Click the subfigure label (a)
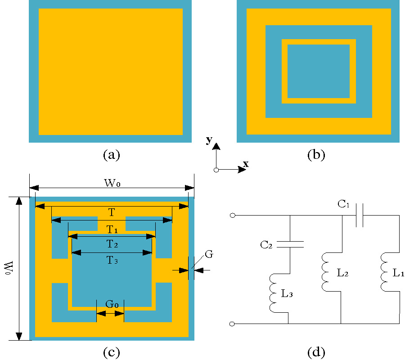point(111,155)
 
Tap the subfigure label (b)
point(316,155)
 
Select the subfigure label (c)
point(111,352)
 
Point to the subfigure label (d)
point(316,352)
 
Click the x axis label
point(246,164)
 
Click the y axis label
point(209,140)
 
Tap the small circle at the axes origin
point(216,170)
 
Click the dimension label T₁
point(112,229)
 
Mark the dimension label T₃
point(112,260)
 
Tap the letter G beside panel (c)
point(209,254)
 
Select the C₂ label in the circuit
point(266,245)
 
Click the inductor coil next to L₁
point(385,272)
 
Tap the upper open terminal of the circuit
point(232,216)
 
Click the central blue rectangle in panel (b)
point(319,71)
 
